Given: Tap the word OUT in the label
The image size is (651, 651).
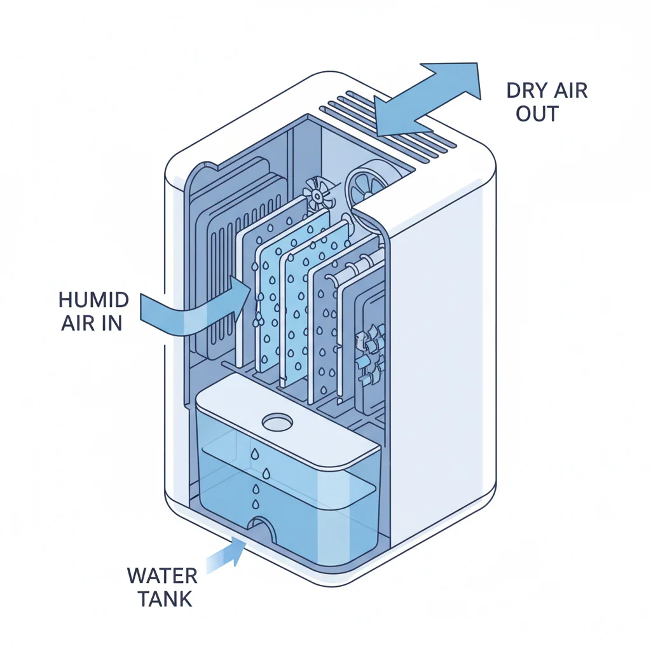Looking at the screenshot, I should tap(537, 114).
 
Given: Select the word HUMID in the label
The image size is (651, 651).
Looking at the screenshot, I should tap(93, 299).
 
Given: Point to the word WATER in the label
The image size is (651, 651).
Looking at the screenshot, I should tap(161, 576).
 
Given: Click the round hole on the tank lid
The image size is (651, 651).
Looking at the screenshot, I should tap(277, 421).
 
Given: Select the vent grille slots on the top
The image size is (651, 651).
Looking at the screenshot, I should tap(394, 127).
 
